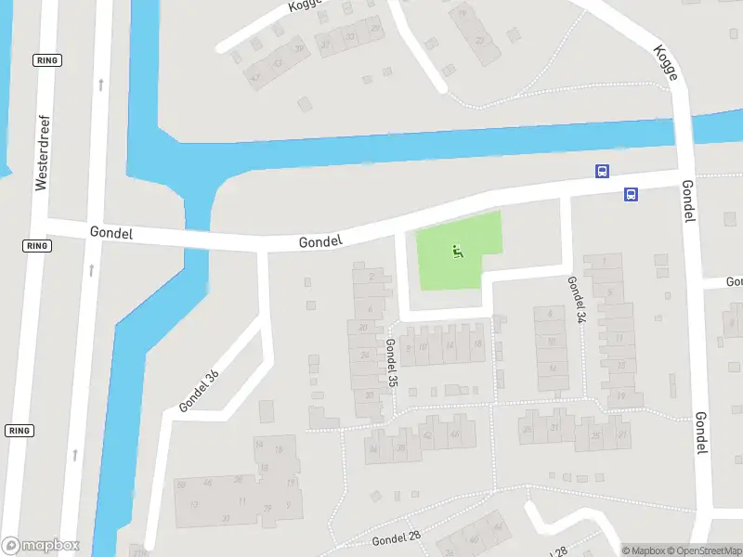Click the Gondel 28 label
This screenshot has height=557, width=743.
[396, 538]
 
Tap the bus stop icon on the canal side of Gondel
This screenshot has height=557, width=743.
[603, 171]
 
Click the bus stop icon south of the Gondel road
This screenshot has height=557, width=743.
[631, 194]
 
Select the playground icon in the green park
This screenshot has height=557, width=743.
[456, 251]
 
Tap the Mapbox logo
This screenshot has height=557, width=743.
[41, 546]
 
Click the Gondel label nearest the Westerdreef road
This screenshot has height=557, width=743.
[111, 232]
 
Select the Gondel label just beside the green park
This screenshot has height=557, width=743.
[320, 241]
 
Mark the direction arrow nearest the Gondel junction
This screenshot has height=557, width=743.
[92, 270]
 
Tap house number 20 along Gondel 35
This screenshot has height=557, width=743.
[365, 327]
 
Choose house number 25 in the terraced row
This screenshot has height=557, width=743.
[595, 434]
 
